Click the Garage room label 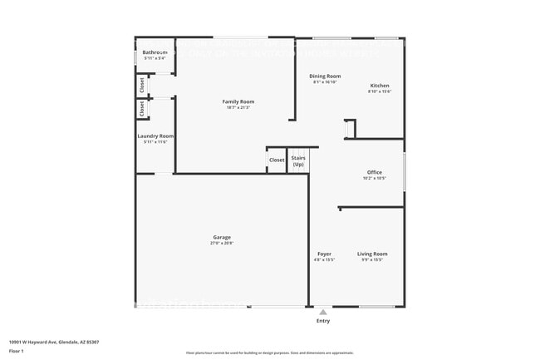click(x=222, y=237)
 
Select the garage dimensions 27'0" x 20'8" click(x=222, y=244)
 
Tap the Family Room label click(x=238, y=101)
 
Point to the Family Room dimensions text click(x=238, y=108)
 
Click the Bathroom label click(x=155, y=52)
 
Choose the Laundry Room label click(x=155, y=136)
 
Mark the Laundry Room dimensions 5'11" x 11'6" click(x=155, y=142)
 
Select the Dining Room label click(x=326, y=76)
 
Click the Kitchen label click(x=379, y=86)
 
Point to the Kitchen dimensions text click(x=379, y=91)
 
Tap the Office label click(x=374, y=172)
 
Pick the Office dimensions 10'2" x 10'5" click(x=374, y=179)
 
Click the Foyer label click(x=324, y=254)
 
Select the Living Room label click(x=372, y=254)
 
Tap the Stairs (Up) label click(x=298, y=160)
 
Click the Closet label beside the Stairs click(x=277, y=160)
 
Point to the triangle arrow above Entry click(x=323, y=312)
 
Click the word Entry click(x=323, y=320)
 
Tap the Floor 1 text click(x=17, y=351)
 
